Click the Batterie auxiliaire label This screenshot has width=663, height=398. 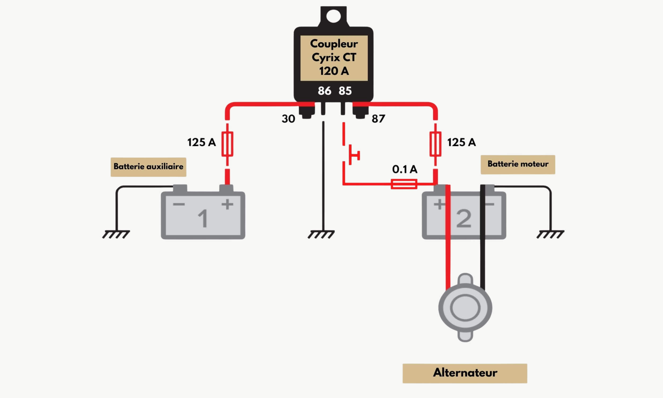[x=148, y=167]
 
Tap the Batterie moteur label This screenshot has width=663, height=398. [x=517, y=165]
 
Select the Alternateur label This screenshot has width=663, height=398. [x=465, y=373]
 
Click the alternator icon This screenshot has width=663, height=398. [x=465, y=307]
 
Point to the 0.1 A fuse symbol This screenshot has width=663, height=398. [x=404, y=184]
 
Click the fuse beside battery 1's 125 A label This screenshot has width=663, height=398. [x=227, y=144]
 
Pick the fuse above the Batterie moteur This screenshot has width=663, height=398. [x=435, y=144]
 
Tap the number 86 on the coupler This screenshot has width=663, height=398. [x=324, y=91]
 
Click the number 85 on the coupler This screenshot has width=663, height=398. [x=345, y=91]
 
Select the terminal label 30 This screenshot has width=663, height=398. [x=288, y=119]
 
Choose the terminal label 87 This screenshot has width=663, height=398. [x=378, y=119]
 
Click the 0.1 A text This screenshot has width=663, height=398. [x=404, y=169]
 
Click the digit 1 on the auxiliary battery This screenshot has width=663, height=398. [x=203, y=218]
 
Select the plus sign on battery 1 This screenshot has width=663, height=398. [x=227, y=204]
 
